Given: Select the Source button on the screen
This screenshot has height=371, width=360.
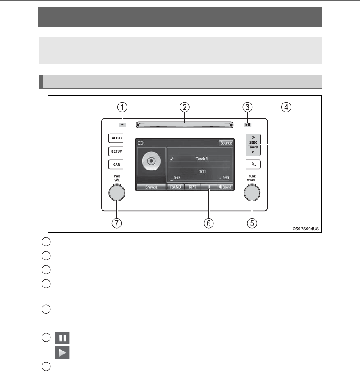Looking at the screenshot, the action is click(x=226, y=143).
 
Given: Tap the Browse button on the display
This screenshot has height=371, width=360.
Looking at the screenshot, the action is click(x=151, y=187).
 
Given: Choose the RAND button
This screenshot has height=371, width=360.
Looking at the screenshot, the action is click(x=175, y=187).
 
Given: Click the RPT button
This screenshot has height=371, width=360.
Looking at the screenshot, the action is click(x=192, y=187).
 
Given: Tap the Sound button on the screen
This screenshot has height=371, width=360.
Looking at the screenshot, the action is click(x=225, y=187).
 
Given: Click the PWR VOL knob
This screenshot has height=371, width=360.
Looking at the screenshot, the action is click(x=116, y=193).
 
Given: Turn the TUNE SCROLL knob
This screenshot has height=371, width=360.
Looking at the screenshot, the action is click(x=252, y=193).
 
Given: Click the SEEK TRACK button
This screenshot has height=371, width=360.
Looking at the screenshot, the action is click(x=253, y=144).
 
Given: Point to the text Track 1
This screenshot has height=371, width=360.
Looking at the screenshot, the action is click(x=201, y=159).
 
